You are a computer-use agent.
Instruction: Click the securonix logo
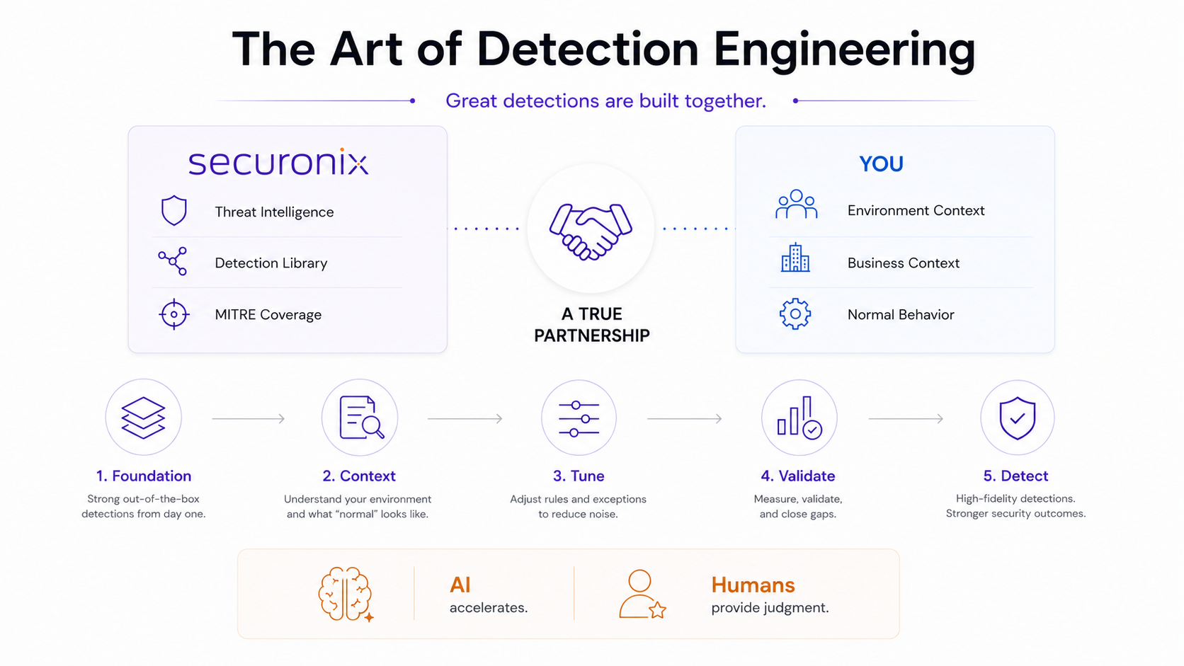[x=278, y=162]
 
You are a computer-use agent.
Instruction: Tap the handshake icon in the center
[x=591, y=231]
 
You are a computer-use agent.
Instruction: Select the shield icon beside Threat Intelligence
[x=174, y=210]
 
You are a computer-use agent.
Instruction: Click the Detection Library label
[x=271, y=263]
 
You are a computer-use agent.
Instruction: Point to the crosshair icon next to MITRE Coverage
[x=174, y=314]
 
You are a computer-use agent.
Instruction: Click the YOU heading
[x=881, y=163]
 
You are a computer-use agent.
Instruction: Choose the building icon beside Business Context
[x=795, y=258]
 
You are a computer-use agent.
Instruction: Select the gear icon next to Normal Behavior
[x=795, y=314]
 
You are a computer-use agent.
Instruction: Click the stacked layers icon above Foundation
[x=143, y=418]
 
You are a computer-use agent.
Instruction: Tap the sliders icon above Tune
[x=579, y=419]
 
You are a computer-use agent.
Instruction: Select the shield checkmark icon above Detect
[x=1017, y=418]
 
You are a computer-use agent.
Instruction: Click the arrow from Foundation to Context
[x=249, y=419]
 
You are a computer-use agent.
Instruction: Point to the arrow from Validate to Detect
[x=906, y=419]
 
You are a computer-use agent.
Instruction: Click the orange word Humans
[x=753, y=585]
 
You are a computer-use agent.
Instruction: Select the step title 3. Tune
[x=579, y=476]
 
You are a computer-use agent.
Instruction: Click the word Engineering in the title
[x=844, y=50]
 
